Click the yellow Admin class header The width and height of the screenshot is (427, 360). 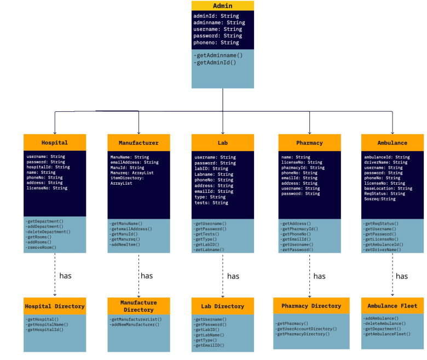[222, 6]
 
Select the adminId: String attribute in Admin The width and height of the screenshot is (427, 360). [216, 16]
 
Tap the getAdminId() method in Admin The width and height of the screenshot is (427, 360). [215, 62]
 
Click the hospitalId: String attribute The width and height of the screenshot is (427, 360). [48, 167]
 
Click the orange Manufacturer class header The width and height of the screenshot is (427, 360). [139, 142]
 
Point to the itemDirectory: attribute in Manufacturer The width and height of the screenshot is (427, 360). [128, 178]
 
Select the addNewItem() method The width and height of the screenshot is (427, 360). [125, 244]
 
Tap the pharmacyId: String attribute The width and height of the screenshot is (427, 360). [303, 168]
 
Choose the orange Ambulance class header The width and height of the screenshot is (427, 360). [392, 142]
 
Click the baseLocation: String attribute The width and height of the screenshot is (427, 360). [388, 188]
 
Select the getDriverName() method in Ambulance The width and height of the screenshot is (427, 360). [383, 250]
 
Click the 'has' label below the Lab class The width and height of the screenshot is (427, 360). [233, 276]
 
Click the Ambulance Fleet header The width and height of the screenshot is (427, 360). [392, 306]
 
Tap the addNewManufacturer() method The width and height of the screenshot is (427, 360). [135, 324]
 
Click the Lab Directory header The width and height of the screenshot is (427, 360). [222, 306]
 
